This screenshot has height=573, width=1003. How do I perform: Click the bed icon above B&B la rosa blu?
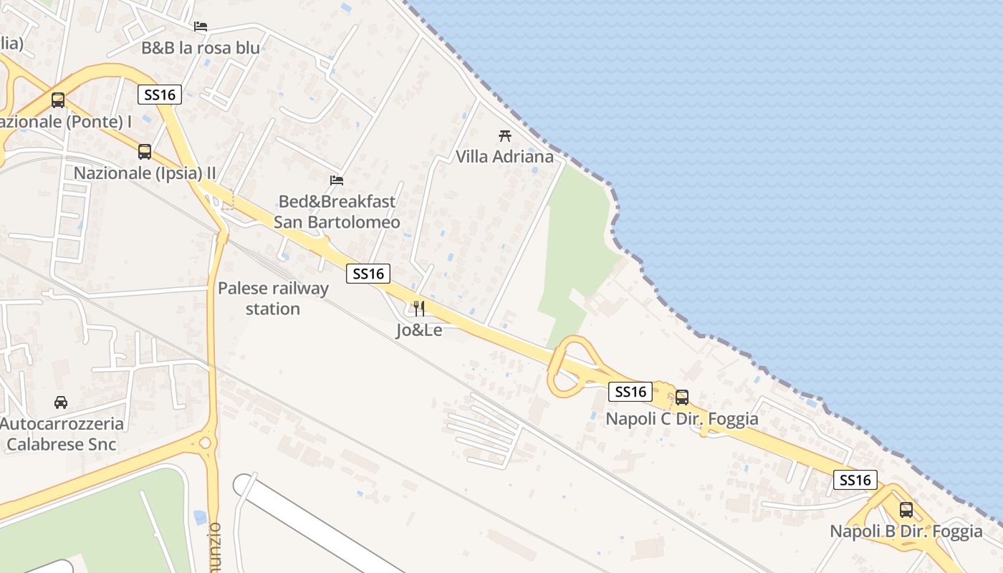(x=201, y=27)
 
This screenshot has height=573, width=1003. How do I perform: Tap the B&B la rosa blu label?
(x=201, y=48)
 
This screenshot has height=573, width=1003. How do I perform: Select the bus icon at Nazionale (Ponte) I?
(x=58, y=100)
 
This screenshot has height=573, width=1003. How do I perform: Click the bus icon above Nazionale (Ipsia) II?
(x=145, y=152)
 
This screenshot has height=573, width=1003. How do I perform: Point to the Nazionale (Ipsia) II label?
(x=145, y=173)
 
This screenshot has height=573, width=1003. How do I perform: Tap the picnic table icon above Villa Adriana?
(x=505, y=135)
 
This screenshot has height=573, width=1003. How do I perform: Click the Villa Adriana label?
(x=505, y=156)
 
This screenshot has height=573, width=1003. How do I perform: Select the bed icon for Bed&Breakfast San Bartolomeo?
(x=337, y=180)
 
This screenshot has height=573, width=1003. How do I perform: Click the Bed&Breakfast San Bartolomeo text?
(x=337, y=212)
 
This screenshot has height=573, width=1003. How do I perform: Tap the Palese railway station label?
(x=273, y=299)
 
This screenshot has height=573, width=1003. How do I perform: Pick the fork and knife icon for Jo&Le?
(x=419, y=309)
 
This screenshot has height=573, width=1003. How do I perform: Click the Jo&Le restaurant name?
(x=419, y=330)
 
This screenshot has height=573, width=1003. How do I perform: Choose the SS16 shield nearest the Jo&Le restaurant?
(x=368, y=274)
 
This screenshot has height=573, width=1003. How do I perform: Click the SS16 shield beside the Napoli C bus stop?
(x=630, y=392)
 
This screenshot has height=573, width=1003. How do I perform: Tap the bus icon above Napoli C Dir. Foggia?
(x=682, y=397)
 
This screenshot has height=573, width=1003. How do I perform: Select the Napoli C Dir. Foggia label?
(x=682, y=418)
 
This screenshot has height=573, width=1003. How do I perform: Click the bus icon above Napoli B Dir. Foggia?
(x=906, y=510)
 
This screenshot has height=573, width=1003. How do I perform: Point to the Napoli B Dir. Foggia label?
(x=906, y=531)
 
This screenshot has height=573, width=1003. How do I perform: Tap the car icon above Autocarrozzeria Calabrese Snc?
(x=61, y=403)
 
